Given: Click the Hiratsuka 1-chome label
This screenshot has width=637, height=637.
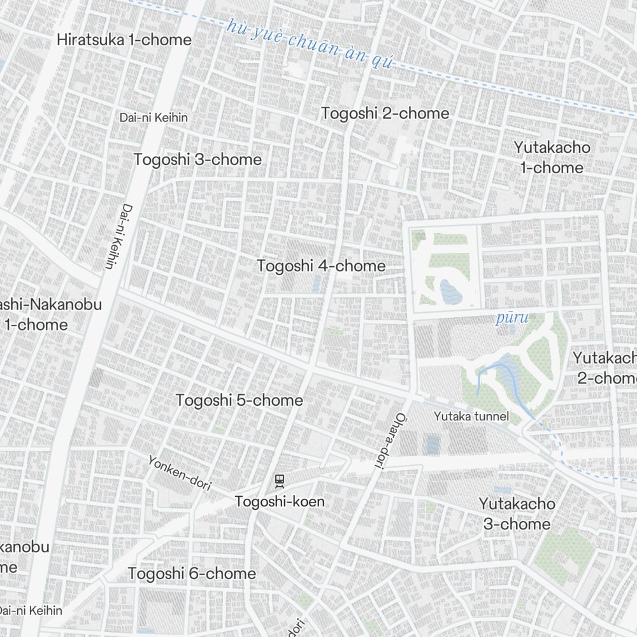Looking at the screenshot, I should [x=124, y=39].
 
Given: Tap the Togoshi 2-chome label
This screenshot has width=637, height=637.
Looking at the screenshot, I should [x=385, y=113].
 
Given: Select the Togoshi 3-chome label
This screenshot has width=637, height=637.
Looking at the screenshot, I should [x=197, y=159].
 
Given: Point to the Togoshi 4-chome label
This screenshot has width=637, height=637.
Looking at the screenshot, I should [x=321, y=266].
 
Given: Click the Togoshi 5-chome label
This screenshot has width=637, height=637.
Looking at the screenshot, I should [x=239, y=401].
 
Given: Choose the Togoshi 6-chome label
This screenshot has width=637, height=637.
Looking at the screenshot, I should [x=192, y=573].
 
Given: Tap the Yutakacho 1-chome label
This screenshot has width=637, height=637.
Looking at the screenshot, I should [x=552, y=157].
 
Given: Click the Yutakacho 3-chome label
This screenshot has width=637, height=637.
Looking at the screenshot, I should [x=517, y=513].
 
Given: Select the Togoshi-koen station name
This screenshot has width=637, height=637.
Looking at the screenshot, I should [x=280, y=501].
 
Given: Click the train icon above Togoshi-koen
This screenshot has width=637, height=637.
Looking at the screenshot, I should [x=278, y=480].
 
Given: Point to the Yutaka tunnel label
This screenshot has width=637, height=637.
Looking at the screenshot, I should [x=471, y=417].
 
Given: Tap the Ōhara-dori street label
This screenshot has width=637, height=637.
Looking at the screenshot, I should [x=388, y=441].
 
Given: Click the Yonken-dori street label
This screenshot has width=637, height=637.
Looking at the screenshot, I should [x=180, y=473].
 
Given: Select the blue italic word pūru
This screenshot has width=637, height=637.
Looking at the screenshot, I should [x=512, y=318].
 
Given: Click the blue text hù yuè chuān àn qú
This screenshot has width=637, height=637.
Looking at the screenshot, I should [x=311, y=45].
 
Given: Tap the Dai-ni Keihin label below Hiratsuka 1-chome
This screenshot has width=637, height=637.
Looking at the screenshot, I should [x=154, y=117].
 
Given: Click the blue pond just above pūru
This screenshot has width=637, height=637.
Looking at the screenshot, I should [x=452, y=292].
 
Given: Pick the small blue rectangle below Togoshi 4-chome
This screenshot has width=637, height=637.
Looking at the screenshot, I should [x=317, y=283].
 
